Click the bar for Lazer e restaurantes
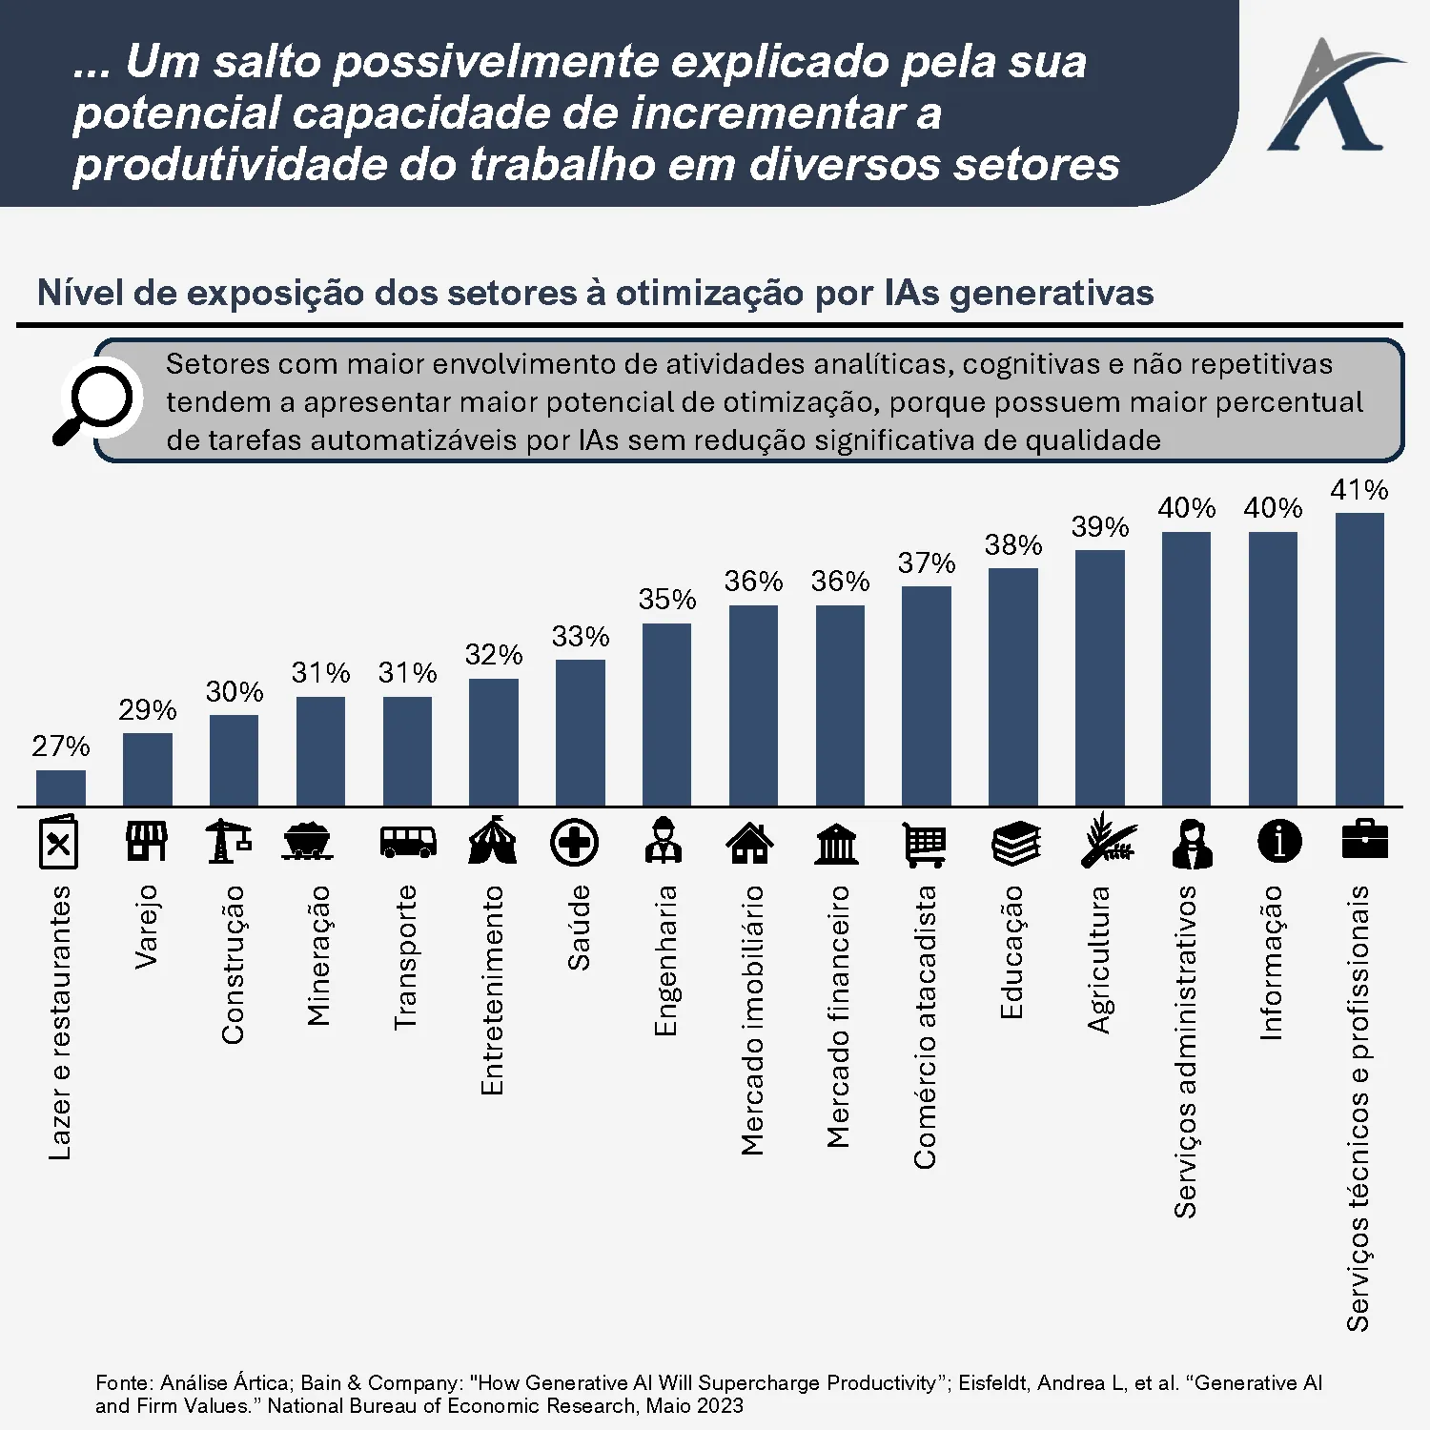pos(61,788)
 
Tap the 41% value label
pos(1359,490)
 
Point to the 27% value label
pos(61,746)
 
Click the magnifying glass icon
pos(95,401)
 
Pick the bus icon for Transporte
pos(407,843)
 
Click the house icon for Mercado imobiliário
pos(750,843)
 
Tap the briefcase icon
pos(1364,840)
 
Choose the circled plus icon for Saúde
pos(575,843)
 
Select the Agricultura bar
pos(1099,678)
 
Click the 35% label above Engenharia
pos(667,600)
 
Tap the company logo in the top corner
pos(1332,95)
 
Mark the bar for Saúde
pos(580,733)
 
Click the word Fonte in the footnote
pos(124,1382)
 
